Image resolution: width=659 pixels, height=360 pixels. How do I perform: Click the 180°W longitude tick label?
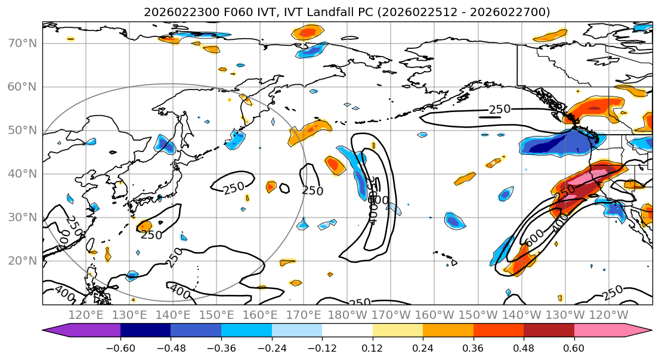[347, 314]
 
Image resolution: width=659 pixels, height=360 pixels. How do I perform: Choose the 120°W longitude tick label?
[608, 314]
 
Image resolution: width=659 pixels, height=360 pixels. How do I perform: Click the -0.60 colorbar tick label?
[120, 348]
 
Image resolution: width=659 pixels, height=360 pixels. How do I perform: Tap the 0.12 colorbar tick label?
[372, 348]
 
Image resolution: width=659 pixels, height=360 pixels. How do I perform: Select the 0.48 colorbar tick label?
[524, 348]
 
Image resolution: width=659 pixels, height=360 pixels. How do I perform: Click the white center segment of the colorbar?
[347, 331]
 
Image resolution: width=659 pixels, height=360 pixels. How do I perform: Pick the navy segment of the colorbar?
[146, 331]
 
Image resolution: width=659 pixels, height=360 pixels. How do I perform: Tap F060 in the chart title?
[214, 12]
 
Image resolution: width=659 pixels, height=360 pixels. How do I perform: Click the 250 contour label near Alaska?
[500, 109]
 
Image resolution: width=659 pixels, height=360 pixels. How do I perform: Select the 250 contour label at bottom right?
[613, 293]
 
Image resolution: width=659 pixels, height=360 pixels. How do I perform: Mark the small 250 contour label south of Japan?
[151, 235]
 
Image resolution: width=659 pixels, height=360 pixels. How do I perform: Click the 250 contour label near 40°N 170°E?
[313, 191]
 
